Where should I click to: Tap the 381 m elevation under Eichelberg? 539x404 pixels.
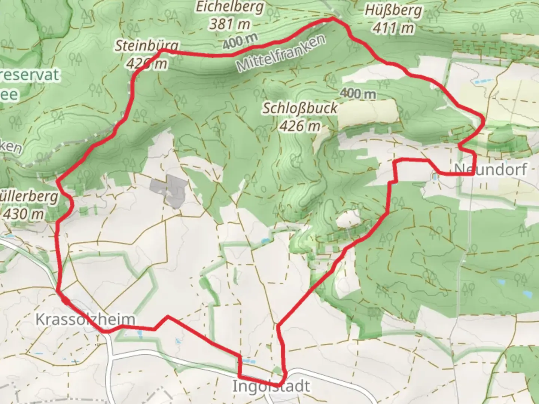coord(229,24)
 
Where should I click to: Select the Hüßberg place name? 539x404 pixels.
coord(393,11)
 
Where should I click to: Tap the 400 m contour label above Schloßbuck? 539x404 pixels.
coord(358,94)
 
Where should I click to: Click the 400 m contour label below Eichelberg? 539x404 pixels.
coord(240,41)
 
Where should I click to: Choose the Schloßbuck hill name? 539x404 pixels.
coord(300,109)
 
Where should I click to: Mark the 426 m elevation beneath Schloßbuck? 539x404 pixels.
coord(300,126)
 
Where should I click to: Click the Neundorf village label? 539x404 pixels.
coord(490,169)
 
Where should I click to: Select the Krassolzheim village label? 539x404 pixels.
coord(85,319)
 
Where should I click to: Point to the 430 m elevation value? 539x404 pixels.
coord(23,214)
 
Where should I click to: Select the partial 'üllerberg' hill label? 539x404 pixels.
coord(29,197)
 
